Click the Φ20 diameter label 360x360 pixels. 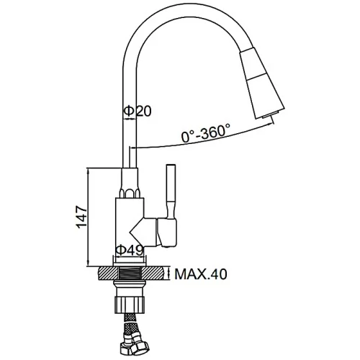tap(138, 111)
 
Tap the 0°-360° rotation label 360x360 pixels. tap(206, 132)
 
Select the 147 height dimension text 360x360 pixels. tap(81, 217)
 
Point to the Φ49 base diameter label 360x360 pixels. tap(130, 251)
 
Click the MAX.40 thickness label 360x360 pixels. tap(201, 274)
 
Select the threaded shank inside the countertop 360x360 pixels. tap(130, 274)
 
